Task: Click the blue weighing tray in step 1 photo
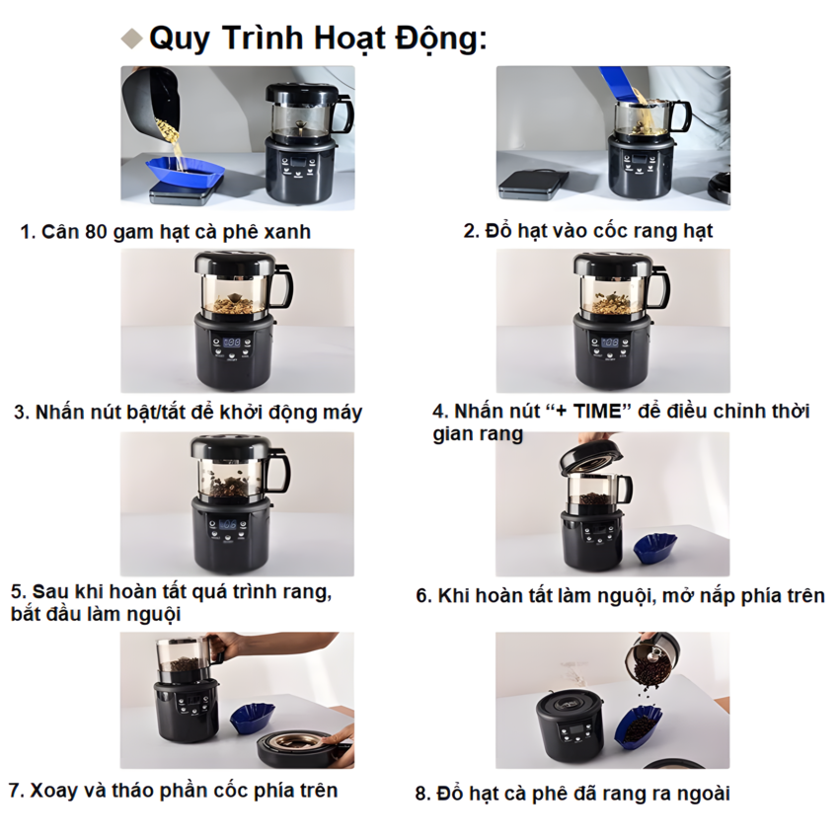(x=188, y=173)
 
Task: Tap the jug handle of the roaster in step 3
(x=281, y=287)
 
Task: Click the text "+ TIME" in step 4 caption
(x=590, y=412)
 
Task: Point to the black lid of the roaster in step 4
(x=612, y=265)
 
